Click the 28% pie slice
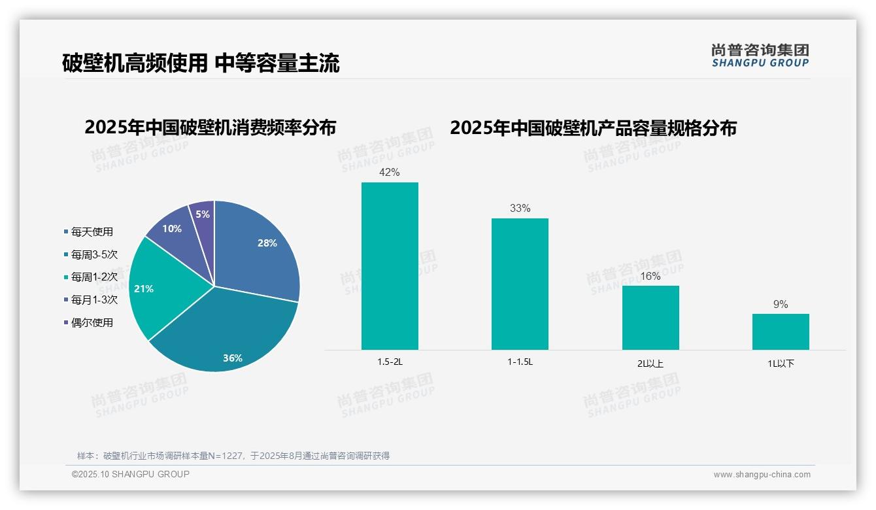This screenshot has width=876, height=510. pos(258,252)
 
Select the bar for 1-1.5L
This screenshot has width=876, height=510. pos(520,284)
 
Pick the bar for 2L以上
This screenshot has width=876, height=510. pos(650,318)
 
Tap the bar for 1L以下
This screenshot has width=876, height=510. pos(781,331)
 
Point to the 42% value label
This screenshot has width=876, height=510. pos(390,173)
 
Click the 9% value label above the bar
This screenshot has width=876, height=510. pos(781,304)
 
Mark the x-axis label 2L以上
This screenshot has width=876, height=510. pos(650,364)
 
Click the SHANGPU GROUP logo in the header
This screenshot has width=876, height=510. pos(760,56)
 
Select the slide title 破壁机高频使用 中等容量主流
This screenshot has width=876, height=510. pos(201,63)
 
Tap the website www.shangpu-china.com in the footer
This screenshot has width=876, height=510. pos(762,475)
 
